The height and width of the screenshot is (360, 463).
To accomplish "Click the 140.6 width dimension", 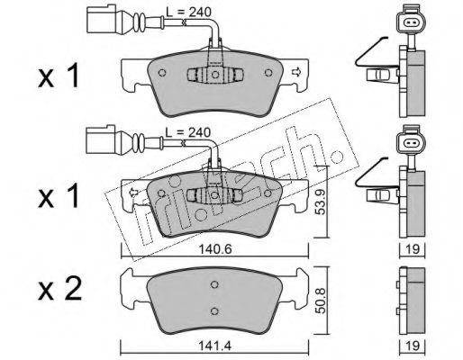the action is tap(215, 249).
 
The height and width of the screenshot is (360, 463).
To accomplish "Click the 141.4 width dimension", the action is tap(214, 346).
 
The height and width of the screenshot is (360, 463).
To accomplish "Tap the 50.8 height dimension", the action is tap(321, 301).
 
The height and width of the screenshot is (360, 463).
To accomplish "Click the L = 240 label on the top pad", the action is tap(189, 12).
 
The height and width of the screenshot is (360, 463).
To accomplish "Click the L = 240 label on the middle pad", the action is tap(188, 132).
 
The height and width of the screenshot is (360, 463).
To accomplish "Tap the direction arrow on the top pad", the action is tap(296, 72).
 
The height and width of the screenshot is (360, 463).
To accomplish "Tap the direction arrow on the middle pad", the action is tap(132, 193).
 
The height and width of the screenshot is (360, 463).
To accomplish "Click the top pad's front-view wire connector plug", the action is tap(102, 19).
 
